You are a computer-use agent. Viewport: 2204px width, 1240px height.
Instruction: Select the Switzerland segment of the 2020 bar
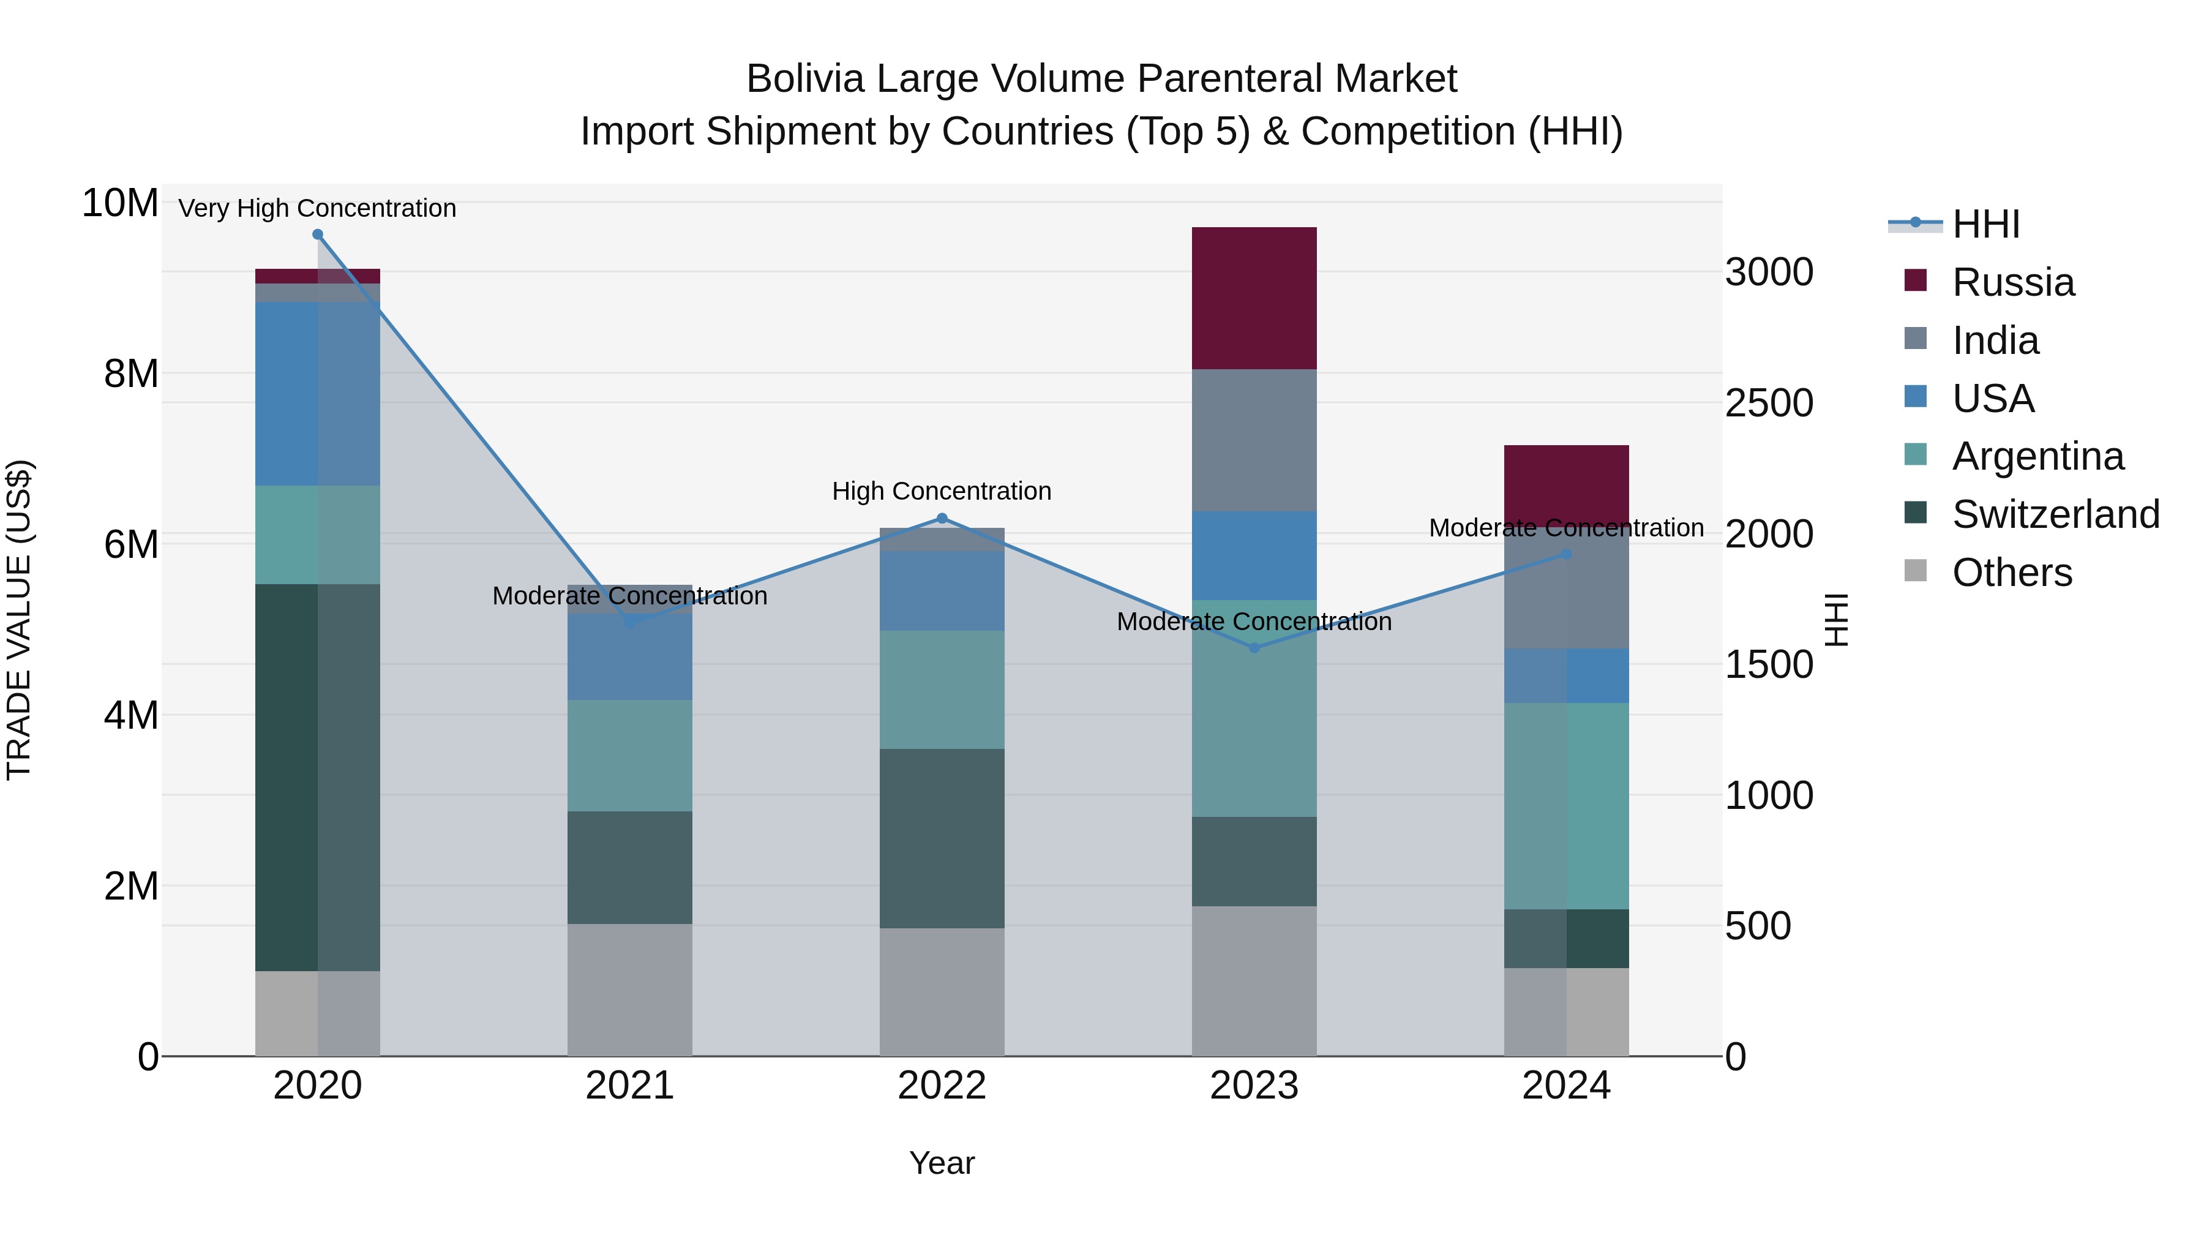click(317, 777)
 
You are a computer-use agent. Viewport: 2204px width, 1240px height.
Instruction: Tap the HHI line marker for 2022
click(942, 517)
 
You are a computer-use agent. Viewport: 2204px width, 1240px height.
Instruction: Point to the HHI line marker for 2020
click(317, 235)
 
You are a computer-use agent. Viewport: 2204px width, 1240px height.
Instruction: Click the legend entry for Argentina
click(2037, 456)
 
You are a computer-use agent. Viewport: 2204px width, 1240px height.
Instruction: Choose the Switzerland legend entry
click(2055, 514)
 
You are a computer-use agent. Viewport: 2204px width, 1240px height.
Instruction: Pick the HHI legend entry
click(1985, 224)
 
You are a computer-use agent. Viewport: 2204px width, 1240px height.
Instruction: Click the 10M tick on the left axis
click(120, 204)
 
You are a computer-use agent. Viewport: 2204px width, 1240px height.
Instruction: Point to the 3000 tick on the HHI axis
click(1769, 272)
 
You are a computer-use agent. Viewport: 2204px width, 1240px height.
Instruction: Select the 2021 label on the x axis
click(630, 1086)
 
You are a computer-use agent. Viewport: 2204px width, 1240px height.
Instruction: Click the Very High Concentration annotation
click(317, 208)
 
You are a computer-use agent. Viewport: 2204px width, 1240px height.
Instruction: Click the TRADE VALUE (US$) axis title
click(19, 620)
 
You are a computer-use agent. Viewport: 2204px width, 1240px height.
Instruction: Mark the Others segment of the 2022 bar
click(942, 992)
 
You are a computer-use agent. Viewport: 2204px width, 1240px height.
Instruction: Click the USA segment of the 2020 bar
click(317, 394)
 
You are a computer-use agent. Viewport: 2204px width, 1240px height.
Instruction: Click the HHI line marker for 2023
click(1254, 648)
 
